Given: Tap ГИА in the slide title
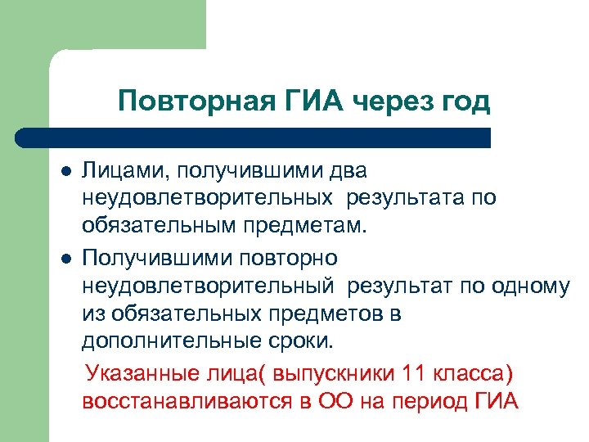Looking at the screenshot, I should click(313, 102).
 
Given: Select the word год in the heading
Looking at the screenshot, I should click(462, 102).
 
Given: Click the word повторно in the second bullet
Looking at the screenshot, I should click(290, 258).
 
